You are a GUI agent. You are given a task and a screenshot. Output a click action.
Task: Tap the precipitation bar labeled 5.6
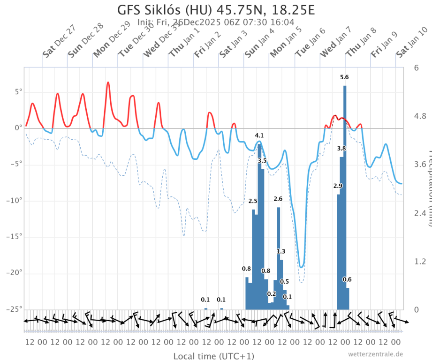pyautogui.click(x=345, y=197)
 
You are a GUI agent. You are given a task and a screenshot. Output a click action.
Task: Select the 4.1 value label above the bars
pyautogui.click(x=259, y=135)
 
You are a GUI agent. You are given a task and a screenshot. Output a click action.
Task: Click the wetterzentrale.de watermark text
pyautogui.click(x=375, y=354)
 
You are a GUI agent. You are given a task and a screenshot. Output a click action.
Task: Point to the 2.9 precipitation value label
pyautogui.click(x=338, y=186)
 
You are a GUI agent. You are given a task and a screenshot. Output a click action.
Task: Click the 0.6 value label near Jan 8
pyautogui.click(x=347, y=279)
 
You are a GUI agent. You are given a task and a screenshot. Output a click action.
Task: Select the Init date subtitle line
pyautogui.click(x=216, y=22)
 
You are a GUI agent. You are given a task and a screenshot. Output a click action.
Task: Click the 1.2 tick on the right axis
pyautogui.click(x=420, y=261)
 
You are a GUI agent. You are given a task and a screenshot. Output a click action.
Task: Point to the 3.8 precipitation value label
pyautogui.click(x=341, y=149)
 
